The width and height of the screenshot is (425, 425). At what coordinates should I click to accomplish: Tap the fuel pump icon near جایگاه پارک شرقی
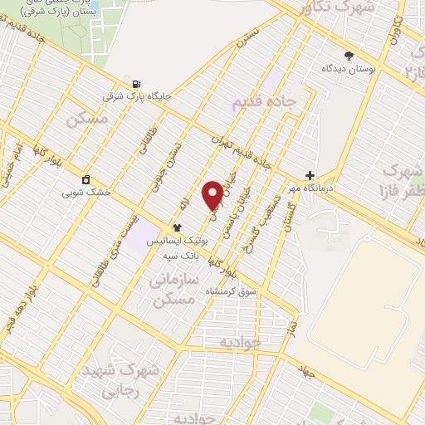135,84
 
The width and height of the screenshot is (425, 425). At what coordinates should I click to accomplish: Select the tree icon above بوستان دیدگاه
349,56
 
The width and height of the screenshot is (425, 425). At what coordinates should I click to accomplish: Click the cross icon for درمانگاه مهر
310,176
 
